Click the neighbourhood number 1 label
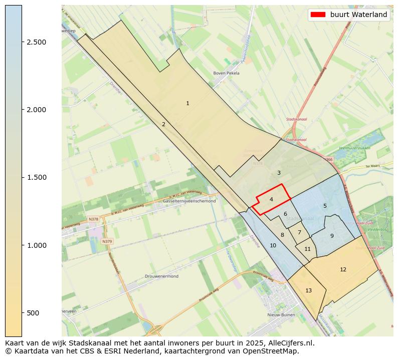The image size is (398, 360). pyautogui.click(x=187, y=104)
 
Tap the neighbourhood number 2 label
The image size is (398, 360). pyautogui.click(x=163, y=125)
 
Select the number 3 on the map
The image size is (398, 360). pyautogui.click(x=279, y=173)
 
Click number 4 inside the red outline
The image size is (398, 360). pyautogui.click(x=271, y=199)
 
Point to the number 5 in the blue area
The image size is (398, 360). pyautogui.click(x=325, y=206)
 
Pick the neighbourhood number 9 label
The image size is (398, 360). pyautogui.click(x=332, y=236)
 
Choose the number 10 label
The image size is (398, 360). pyautogui.click(x=273, y=245)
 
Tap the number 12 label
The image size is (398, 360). pyautogui.click(x=343, y=269)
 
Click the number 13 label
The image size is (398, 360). pyautogui.click(x=308, y=290)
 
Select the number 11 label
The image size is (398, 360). pyautogui.click(x=307, y=249)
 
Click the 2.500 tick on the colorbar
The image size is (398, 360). pyautogui.click(x=37, y=42)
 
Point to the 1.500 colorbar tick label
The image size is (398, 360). pyautogui.click(x=37, y=177)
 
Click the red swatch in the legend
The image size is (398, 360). pyautogui.click(x=318, y=15)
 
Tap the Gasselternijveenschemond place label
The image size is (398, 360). pyautogui.click(x=189, y=201)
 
